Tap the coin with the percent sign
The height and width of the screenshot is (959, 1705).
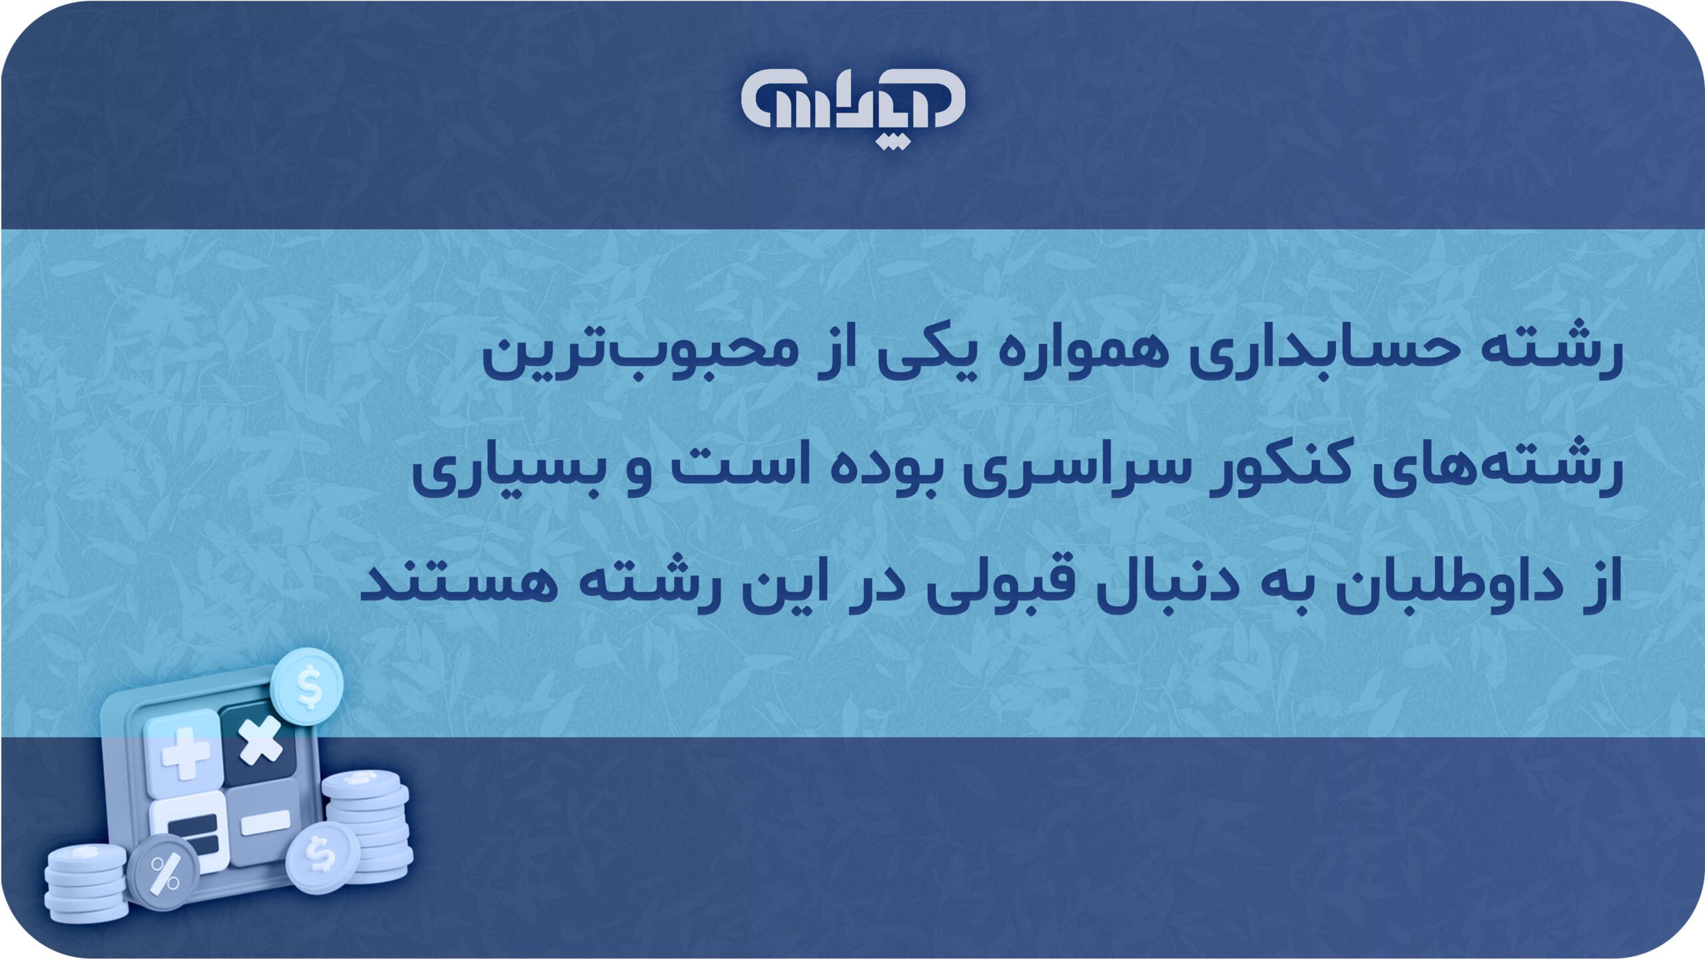pos(164,873)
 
